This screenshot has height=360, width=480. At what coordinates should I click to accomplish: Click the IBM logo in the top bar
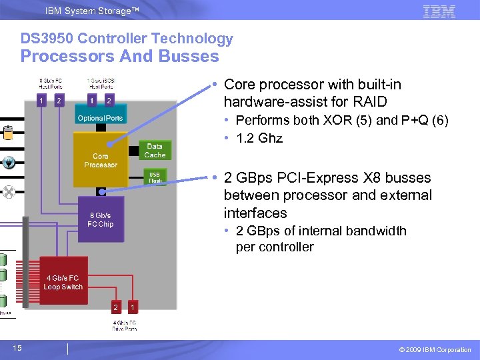tap(439, 11)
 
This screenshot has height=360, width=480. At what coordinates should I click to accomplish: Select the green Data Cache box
tap(155, 151)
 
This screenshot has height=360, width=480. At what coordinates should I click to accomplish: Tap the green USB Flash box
tap(155, 177)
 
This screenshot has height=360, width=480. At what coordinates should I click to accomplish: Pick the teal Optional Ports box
tap(100, 118)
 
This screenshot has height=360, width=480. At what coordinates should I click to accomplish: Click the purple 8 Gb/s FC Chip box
tap(101, 220)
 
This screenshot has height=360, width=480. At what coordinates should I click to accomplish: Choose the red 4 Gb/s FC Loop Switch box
tap(64, 282)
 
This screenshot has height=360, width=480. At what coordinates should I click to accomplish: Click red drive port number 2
tap(115, 307)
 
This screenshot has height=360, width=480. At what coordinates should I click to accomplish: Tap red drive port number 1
tap(133, 307)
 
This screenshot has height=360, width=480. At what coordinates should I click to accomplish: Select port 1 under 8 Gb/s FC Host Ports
tap(41, 101)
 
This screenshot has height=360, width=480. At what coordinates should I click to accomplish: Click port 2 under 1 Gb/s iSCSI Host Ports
tap(109, 101)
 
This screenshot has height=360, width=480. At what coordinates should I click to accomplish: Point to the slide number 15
tap(17, 348)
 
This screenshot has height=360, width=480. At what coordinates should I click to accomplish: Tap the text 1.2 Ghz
tap(259, 139)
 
